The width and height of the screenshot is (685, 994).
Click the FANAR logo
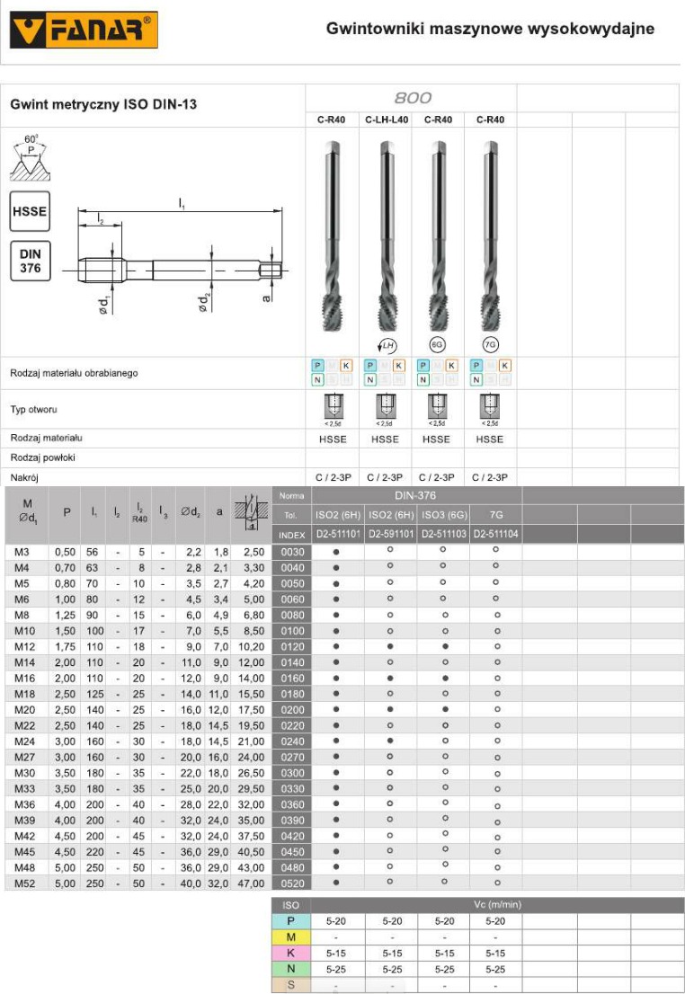84,31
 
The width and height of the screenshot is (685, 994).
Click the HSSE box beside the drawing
30,213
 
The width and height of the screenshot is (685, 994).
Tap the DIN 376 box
30,261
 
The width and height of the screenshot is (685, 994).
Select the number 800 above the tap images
412,98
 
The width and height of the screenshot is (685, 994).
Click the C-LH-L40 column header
387,120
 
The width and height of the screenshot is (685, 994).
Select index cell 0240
293,741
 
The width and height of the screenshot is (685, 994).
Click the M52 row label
25,883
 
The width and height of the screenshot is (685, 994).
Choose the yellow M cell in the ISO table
290,937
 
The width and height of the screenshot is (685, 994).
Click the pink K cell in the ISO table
290,954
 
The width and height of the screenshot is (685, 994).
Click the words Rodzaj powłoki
42,457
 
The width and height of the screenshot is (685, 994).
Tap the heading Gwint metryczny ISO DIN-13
103,104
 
